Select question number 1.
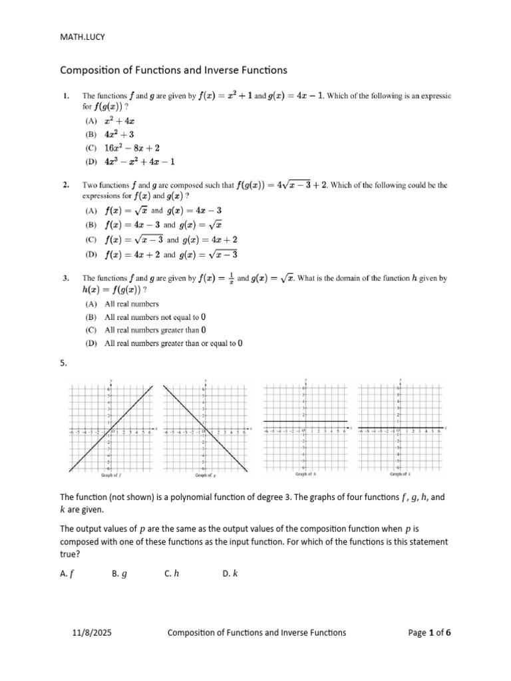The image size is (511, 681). pos(65,96)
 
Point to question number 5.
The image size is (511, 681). pos(64,363)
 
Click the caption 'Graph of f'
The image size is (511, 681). pos(110,476)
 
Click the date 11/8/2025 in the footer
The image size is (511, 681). pos(92,632)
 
